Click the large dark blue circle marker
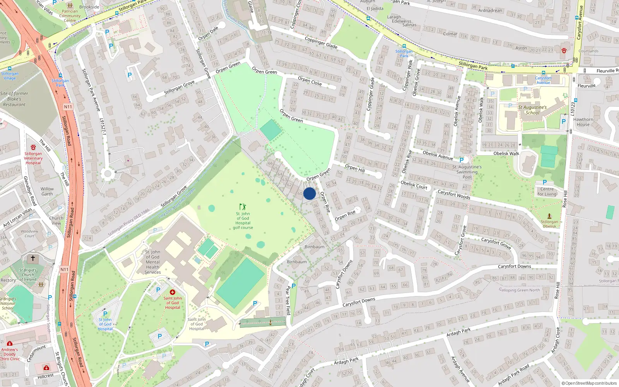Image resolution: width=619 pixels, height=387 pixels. tap(309, 193)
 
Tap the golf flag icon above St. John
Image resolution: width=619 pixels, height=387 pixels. tap(243, 207)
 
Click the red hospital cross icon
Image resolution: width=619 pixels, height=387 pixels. tap(173, 292)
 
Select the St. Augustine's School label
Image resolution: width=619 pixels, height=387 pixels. tap(532, 110)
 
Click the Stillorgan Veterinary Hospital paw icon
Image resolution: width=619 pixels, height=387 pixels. tap(33, 147)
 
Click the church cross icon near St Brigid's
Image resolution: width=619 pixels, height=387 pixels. tap(33, 258)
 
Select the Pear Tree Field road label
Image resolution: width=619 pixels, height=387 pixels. tap(288, 300)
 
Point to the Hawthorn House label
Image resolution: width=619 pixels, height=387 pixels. tap(583, 122)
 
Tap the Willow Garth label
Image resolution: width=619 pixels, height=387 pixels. tap(47, 192)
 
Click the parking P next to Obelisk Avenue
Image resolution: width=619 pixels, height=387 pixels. tap(461, 160)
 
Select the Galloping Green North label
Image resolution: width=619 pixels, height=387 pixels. tap(519, 290)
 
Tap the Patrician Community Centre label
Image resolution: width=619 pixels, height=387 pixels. tap(70, 16)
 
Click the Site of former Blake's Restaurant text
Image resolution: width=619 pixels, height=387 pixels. tap(14, 99)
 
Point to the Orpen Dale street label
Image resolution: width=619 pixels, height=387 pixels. tap(208, 33)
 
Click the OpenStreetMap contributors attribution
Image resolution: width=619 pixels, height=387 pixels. tap(589, 384)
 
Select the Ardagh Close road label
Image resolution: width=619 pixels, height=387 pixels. tap(556, 340)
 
